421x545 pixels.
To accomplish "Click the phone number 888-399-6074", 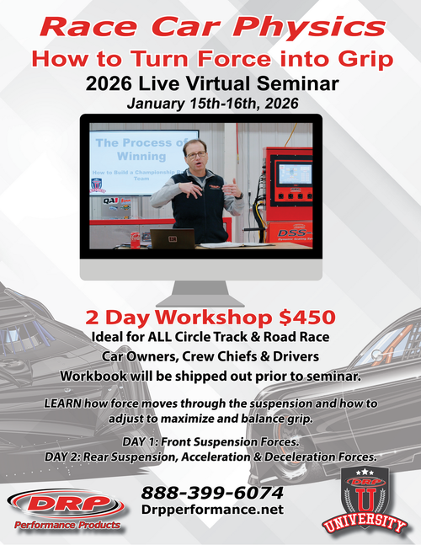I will (x=212, y=492).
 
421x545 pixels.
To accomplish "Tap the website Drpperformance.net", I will (x=212, y=510).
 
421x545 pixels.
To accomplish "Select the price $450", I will (x=307, y=318).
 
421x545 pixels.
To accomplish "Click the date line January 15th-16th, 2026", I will (x=210, y=104).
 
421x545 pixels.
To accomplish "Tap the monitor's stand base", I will (x=210, y=300).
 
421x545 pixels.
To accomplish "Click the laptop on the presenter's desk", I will (x=172, y=238).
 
